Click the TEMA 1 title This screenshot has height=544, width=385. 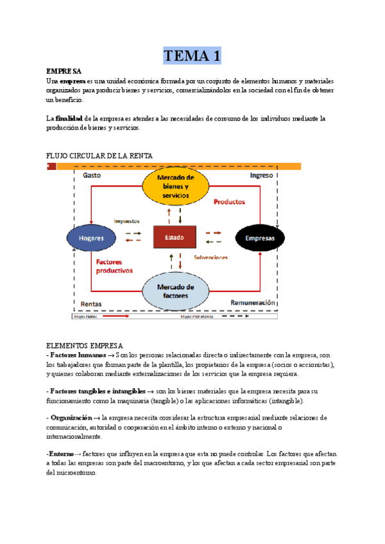(193, 56)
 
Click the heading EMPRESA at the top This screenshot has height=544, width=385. (64, 71)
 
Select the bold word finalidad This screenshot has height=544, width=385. (69, 119)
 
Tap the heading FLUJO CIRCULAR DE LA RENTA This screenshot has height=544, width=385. (99, 156)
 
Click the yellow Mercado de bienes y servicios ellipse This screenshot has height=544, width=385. (175, 186)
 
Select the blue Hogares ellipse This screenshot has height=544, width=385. (95, 237)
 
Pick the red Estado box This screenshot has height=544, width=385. (174, 237)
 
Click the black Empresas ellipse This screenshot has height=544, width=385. (259, 238)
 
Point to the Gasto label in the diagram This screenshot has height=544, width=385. (92, 175)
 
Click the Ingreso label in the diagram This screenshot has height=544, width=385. (261, 175)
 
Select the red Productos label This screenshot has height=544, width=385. (229, 201)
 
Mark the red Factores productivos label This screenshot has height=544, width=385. (114, 266)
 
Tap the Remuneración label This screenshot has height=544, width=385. (252, 302)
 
